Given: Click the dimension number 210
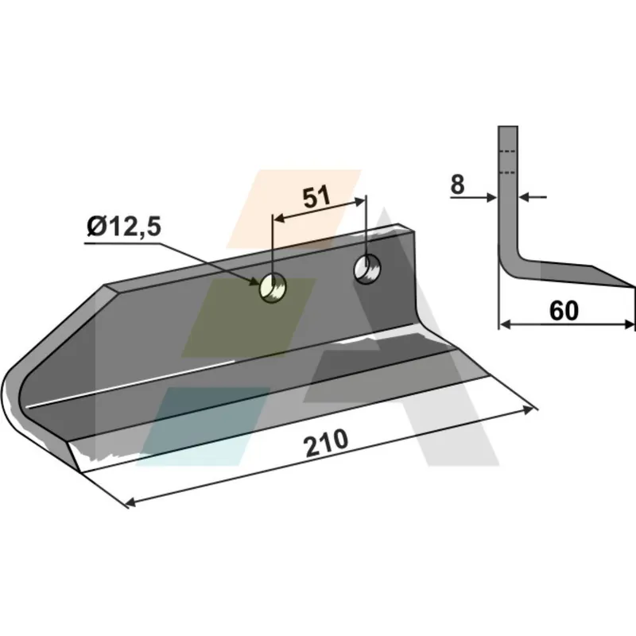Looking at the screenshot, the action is click(x=326, y=443).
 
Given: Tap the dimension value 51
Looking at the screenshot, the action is click(x=316, y=197).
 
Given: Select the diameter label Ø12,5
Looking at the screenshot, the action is click(x=124, y=227).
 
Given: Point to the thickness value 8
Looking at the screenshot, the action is click(x=457, y=184).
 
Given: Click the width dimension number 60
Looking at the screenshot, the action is click(x=564, y=311).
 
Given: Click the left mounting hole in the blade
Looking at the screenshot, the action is click(x=272, y=287).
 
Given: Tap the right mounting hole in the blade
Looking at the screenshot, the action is click(x=367, y=269).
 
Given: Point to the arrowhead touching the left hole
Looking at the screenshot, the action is click(x=254, y=281).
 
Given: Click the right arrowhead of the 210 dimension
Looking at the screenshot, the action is click(x=529, y=410).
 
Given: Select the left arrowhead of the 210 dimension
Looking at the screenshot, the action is click(x=130, y=503).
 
